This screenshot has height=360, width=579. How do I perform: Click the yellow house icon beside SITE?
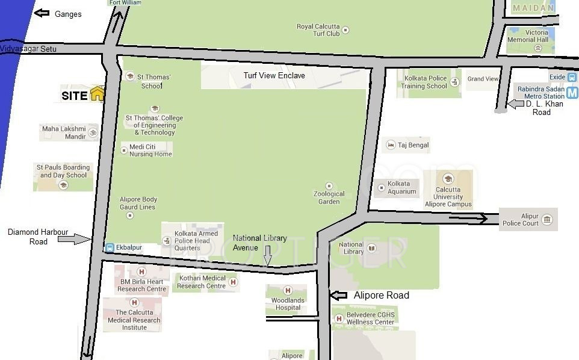pyautogui.click(x=97, y=94)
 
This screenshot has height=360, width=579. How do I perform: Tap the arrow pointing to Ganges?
pyautogui.click(x=42, y=13)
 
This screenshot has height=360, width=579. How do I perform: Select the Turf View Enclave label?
pyautogui.click(x=274, y=76)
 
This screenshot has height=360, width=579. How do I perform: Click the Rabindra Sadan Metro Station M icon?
pyautogui.click(x=572, y=93)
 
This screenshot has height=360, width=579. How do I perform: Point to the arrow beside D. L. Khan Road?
pyautogui.click(x=515, y=104)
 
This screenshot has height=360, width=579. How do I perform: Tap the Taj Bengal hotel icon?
pyautogui.click(x=391, y=146)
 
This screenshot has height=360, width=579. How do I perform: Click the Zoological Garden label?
pyautogui.click(x=329, y=197)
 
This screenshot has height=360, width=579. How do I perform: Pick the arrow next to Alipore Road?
pyautogui.click(x=339, y=296)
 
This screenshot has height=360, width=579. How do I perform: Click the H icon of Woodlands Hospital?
pyautogui.click(x=287, y=291)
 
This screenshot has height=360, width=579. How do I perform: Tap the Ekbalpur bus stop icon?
pyautogui.click(x=110, y=247)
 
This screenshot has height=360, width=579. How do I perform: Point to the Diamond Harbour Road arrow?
pyautogui.click(x=74, y=240)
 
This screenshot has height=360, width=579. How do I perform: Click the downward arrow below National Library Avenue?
pyautogui.click(x=268, y=259)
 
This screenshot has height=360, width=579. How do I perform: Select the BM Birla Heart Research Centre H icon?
pyautogui.click(x=141, y=272)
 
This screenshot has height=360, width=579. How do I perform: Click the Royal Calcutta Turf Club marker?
pyautogui.click(x=345, y=29)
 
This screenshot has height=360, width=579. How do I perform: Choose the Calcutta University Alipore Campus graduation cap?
pyautogui.click(x=448, y=179)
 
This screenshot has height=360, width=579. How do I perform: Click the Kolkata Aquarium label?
pyautogui.click(x=402, y=188)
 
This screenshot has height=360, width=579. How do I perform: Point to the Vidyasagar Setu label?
pyautogui.click(x=28, y=49)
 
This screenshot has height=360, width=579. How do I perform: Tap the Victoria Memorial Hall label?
pyautogui.click(x=528, y=36)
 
